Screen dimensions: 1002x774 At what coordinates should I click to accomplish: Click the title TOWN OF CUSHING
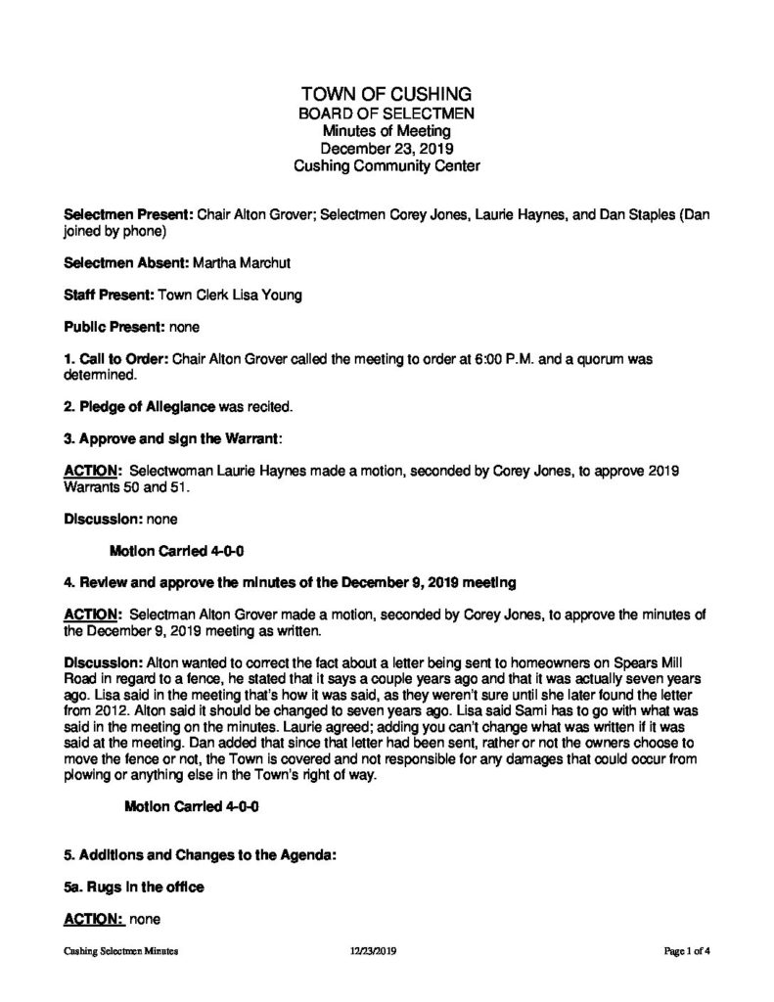[x=387, y=94]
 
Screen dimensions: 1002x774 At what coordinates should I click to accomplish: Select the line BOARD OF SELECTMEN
[x=387, y=114]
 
